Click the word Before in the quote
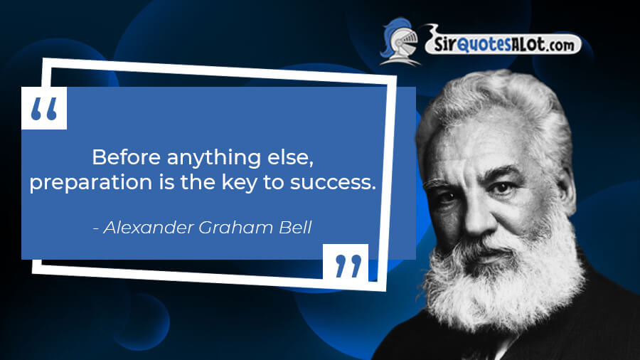coord(126,157)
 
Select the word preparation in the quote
coord(90,183)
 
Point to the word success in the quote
coord(333,183)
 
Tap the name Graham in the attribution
coord(235,228)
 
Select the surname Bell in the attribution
coord(295,228)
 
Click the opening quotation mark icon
coord(44,108)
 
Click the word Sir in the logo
coord(444,43)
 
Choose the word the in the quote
coord(198,182)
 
